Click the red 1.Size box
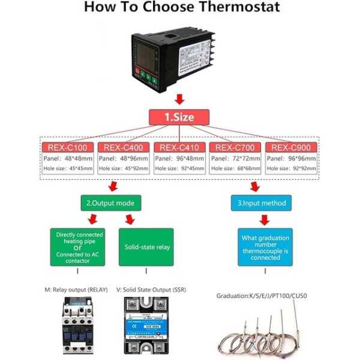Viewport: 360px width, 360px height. (x=179, y=117)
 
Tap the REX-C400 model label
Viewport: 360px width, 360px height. (x=124, y=148)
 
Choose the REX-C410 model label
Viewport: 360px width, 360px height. (x=179, y=148)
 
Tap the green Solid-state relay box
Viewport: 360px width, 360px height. (x=146, y=247)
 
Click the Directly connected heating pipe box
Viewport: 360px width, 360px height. (x=80, y=247)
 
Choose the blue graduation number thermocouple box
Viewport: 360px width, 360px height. (x=265, y=247)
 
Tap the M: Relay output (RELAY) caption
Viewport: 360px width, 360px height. (x=76, y=290)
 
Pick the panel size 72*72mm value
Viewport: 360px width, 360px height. (x=247, y=158)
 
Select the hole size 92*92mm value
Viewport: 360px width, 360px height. (x=304, y=169)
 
